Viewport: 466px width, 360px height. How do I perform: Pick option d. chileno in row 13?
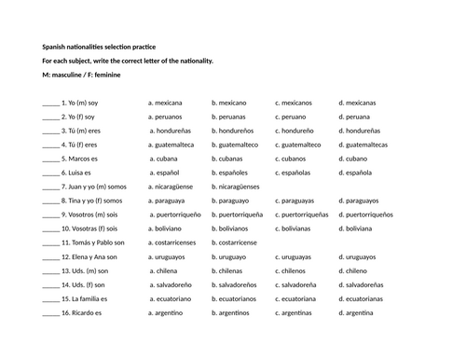[x=353, y=270]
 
